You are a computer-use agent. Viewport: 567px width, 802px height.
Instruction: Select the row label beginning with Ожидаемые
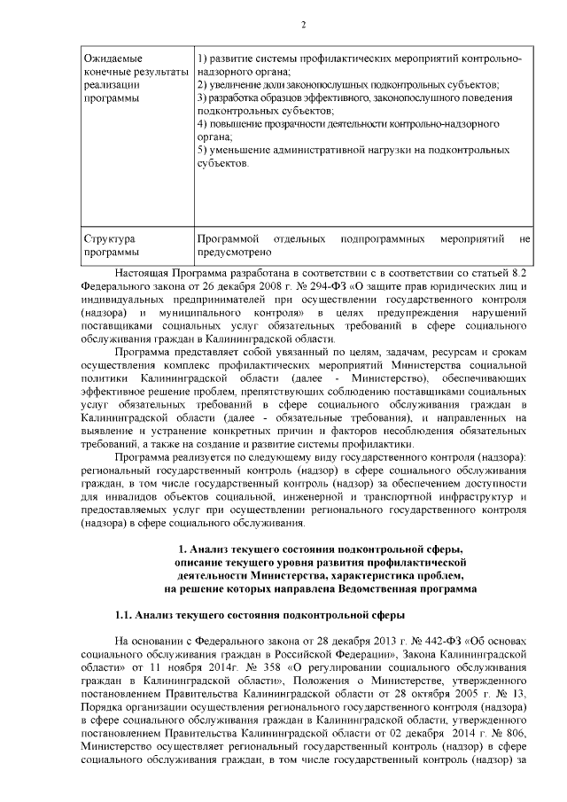[113, 58]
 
